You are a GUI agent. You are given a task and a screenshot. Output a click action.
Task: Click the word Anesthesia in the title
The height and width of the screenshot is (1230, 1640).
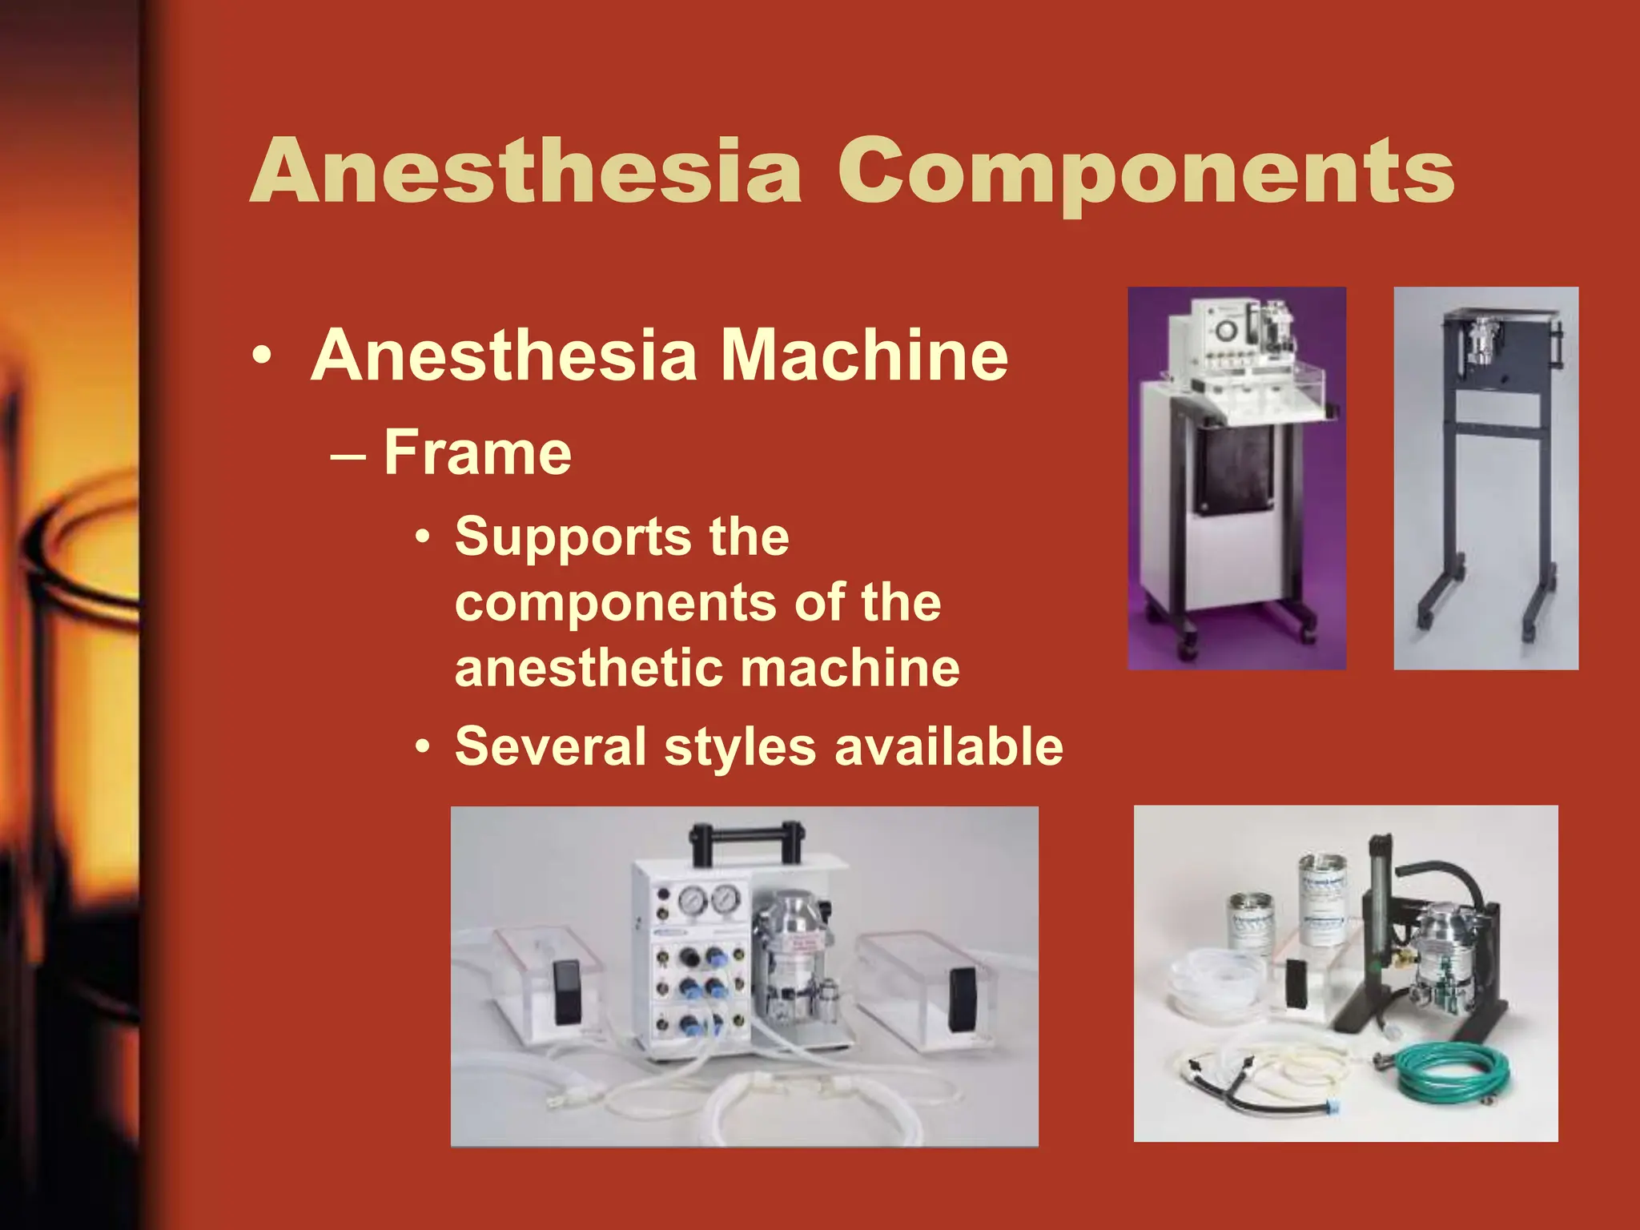click(x=526, y=171)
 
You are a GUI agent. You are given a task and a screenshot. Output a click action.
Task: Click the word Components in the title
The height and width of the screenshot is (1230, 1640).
click(x=1145, y=171)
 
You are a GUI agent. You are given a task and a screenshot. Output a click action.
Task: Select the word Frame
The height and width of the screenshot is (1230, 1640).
click(x=477, y=452)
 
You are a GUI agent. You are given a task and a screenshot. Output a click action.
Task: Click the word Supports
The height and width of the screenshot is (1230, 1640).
click(x=570, y=537)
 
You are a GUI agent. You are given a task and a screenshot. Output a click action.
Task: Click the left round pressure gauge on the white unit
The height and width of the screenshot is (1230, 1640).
click(x=691, y=902)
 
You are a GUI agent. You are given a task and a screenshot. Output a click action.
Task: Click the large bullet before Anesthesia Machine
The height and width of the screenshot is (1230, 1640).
click(x=261, y=356)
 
